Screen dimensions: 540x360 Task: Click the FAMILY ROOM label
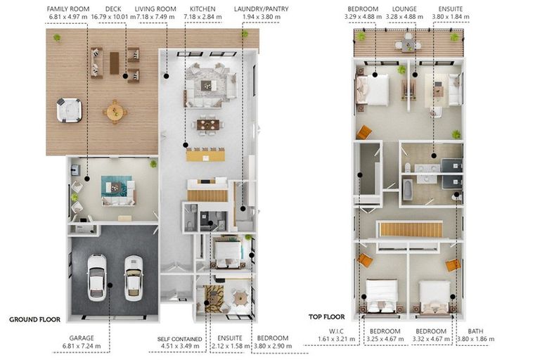coord(67,9)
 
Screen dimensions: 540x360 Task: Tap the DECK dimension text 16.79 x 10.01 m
coord(113,17)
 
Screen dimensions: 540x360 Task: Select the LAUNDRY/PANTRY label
coord(261,9)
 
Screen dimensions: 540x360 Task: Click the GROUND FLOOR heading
coord(34,319)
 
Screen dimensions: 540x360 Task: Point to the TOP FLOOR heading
coord(326,316)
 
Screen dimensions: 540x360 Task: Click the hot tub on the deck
coord(69,110)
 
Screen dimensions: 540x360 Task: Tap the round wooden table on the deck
coord(115,112)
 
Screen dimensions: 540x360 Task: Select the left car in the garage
coord(97,278)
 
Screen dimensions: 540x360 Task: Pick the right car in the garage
coord(134,278)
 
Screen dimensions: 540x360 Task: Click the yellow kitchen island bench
coord(205,155)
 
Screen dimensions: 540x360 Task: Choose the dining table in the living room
coord(208,124)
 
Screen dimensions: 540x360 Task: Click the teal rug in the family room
coord(117,187)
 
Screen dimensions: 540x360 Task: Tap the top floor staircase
coord(410,229)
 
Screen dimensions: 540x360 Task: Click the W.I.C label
coord(336,331)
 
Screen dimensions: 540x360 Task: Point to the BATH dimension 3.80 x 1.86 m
coord(475,339)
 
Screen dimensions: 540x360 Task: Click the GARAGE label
coord(82,338)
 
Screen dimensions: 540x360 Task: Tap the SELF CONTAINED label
coord(180,339)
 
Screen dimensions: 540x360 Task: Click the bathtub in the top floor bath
coord(407,189)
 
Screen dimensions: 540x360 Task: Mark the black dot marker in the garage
coord(110,285)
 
